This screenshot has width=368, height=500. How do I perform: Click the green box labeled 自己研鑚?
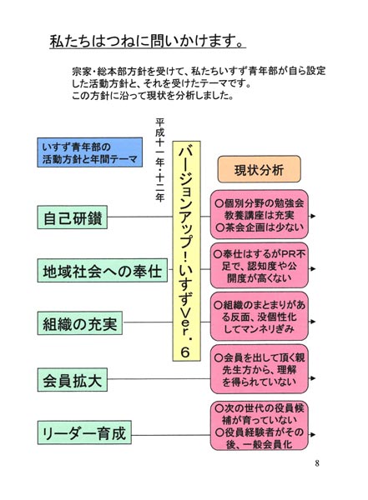(73, 217)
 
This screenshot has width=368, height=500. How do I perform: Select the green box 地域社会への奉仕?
(102, 270)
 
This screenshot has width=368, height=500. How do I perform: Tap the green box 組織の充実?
(80, 323)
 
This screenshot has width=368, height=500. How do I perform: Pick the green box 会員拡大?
(73, 380)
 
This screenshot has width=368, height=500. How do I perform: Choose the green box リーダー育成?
(84, 432)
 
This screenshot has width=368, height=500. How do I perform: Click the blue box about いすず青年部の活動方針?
(90, 152)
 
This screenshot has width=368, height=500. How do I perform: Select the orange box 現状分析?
(259, 169)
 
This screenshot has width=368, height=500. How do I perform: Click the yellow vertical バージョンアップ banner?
(187, 251)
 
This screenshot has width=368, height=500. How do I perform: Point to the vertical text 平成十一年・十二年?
(159, 160)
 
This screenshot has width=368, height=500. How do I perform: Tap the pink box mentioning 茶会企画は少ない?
(259, 214)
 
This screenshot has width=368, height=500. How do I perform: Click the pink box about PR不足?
(259, 266)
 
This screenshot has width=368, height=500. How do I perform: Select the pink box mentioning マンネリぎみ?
(259, 317)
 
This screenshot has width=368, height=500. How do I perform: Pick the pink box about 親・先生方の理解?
(259, 369)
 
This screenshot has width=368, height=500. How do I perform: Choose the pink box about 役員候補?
(259, 426)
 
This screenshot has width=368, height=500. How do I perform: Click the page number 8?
(317, 463)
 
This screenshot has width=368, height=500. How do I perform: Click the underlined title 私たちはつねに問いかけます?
(148, 41)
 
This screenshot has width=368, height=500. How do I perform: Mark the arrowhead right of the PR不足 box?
(313, 269)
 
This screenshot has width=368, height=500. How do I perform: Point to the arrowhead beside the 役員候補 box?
(313, 434)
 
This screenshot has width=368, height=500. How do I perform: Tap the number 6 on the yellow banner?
(185, 352)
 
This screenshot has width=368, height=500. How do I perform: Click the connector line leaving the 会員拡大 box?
(159, 379)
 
